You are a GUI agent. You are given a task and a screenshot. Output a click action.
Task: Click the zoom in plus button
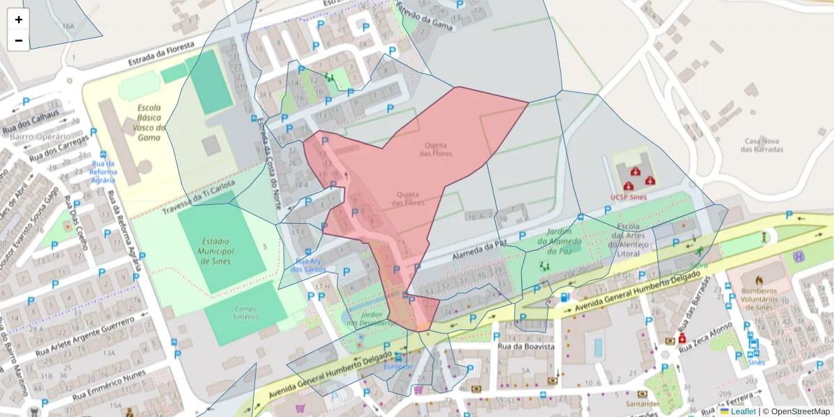19,19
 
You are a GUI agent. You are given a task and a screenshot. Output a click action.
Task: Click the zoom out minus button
19,40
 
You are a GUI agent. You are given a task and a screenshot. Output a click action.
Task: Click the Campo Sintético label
246,312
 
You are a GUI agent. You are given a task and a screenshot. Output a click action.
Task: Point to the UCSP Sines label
628,197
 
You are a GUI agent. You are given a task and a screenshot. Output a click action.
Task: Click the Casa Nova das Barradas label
763,145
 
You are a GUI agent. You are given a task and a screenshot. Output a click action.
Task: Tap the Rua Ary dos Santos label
308,265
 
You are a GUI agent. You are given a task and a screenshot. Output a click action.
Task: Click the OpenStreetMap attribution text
799,411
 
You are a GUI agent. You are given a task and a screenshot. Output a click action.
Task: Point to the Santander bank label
641,404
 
